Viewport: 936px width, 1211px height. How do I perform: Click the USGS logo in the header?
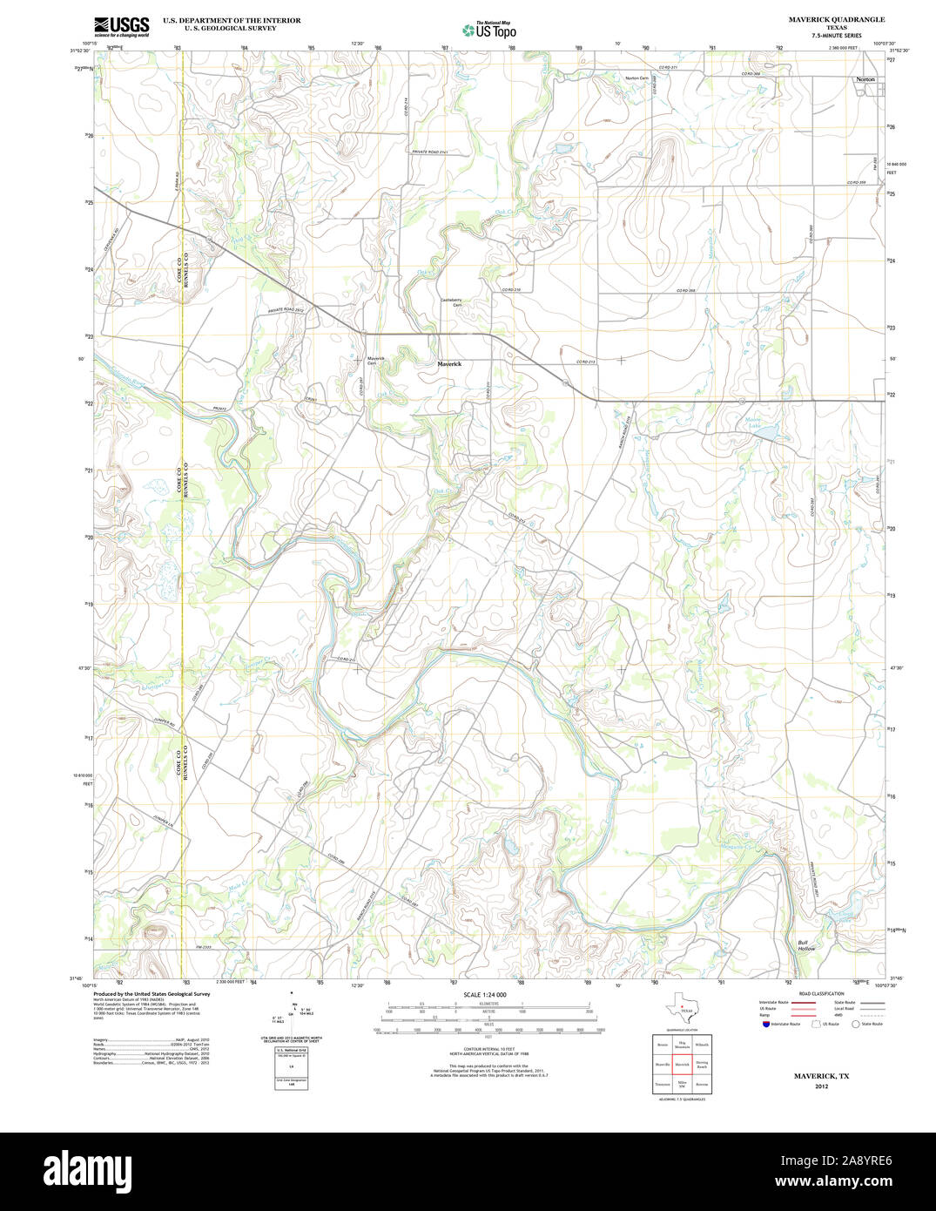click(x=121, y=25)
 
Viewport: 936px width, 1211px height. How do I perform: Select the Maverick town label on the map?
click(x=449, y=364)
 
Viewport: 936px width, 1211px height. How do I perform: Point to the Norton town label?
click(x=865, y=79)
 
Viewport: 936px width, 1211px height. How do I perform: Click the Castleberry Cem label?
click(x=451, y=302)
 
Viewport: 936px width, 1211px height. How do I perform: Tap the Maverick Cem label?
click(x=376, y=361)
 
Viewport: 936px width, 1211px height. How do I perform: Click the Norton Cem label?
click(x=636, y=78)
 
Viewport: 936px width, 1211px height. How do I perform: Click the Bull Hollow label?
click(x=807, y=944)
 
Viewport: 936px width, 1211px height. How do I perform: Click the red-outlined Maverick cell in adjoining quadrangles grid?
click(x=682, y=1065)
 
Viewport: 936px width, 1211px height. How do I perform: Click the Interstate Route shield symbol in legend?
click(x=764, y=1025)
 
